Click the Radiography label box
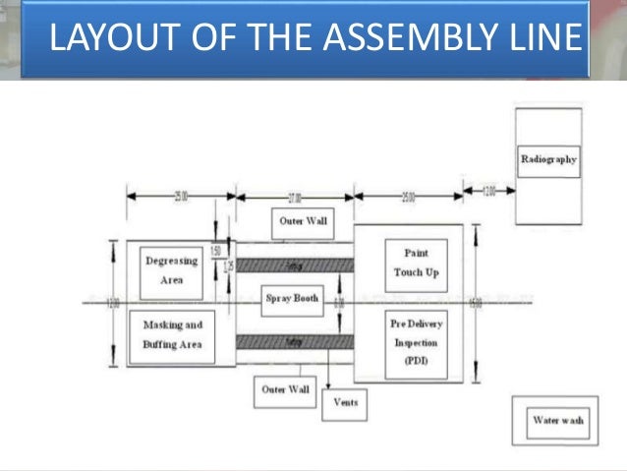coord(549,159)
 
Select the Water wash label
coord(558,421)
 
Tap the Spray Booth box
coord(293,298)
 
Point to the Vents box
coord(345,402)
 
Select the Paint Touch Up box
coord(416,264)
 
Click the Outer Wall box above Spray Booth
coord(303,222)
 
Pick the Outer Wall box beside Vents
coord(286,390)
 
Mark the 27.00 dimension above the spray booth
coord(294,197)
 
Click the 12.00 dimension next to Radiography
coord(489,191)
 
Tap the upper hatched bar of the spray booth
coord(295,265)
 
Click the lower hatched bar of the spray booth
coord(295,340)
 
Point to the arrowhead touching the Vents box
coord(328,389)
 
